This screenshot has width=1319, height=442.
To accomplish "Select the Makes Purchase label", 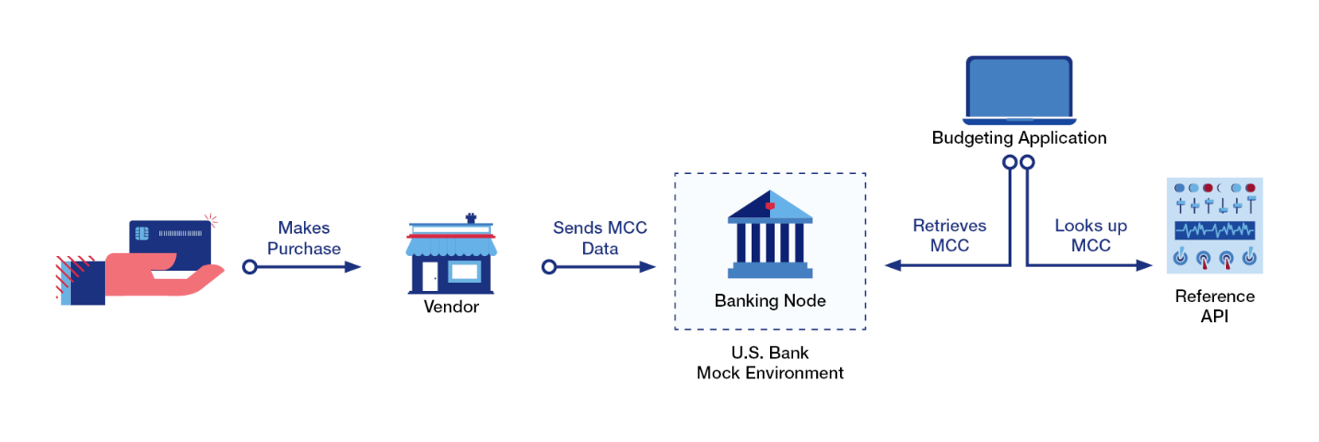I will point(304,238).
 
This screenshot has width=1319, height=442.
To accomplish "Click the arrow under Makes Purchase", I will point(304,267).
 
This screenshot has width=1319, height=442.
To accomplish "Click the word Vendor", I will point(451,307).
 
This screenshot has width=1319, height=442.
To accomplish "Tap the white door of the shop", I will point(430,275).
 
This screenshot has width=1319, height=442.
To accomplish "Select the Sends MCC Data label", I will point(600,238).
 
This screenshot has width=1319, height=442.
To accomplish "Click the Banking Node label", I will point(770,301).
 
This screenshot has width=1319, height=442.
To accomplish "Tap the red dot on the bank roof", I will point(770,205).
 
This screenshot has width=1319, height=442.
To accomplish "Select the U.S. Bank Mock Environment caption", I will point(770,363).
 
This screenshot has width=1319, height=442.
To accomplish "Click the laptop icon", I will point(1019,90).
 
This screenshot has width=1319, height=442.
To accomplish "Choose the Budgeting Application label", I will point(1019,138).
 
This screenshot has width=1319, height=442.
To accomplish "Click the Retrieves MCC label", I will point(949,236).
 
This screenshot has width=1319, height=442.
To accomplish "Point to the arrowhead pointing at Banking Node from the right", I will point(892,266).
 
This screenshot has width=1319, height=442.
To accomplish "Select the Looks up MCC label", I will point(1091,236).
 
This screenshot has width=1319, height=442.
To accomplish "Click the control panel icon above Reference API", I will point(1214,226).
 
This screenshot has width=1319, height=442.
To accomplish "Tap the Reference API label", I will point(1214,306).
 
